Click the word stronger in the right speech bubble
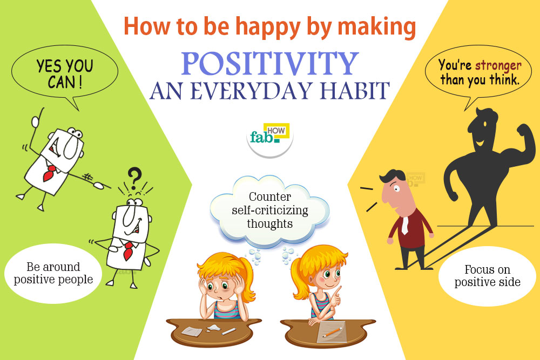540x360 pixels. pos(498,66)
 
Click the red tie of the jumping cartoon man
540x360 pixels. pos(50,172)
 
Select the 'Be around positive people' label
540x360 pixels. pos(53,274)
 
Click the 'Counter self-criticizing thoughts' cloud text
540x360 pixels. pos(269,210)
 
